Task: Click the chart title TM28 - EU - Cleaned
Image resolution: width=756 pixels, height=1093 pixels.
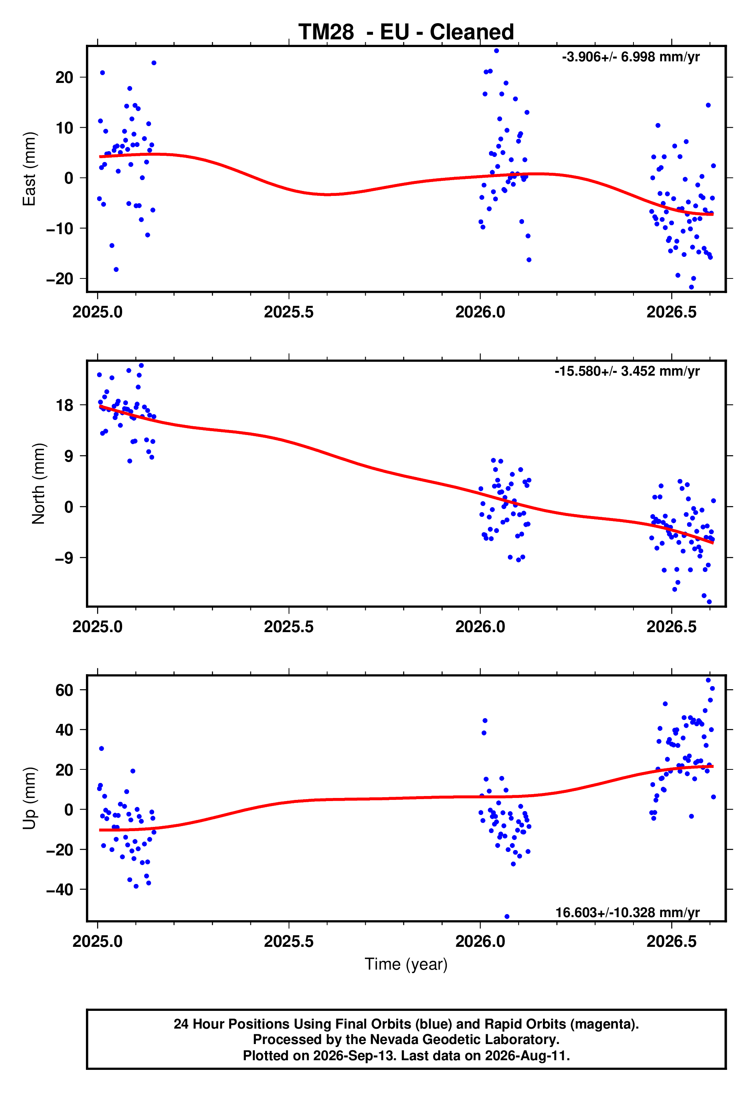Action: click(x=406, y=32)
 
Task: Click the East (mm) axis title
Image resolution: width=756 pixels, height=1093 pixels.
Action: click(x=29, y=169)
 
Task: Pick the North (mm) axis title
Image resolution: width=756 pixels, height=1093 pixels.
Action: click(x=39, y=484)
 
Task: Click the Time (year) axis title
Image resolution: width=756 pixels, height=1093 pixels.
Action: click(x=406, y=964)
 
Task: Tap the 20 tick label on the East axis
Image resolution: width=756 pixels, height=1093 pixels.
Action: click(x=64, y=77)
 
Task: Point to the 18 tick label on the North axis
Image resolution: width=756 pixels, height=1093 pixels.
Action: click(x=64, y=405)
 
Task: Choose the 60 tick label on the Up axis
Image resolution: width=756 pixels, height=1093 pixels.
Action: click(x=64, y=690)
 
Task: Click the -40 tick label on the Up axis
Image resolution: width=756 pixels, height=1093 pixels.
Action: click(x=60, y=890)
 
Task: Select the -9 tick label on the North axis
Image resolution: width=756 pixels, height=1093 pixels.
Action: click(x=64, y=558)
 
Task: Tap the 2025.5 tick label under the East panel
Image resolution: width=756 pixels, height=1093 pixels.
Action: click(x=289, y=312)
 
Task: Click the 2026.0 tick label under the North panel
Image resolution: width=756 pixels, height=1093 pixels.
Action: click(x=480, y=627)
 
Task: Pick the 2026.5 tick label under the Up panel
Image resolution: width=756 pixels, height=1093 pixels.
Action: click(x=672, y=941)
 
